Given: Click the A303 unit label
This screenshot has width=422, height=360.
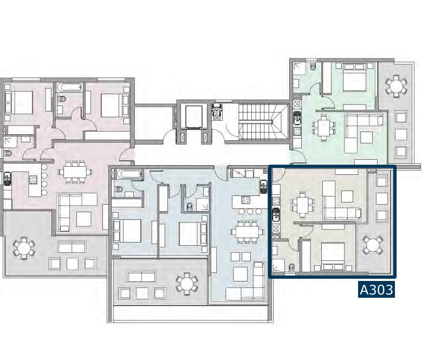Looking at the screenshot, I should [376, 290].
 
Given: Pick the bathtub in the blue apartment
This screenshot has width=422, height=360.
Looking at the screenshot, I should [128, 175].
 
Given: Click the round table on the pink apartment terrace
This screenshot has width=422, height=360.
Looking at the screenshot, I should [24, 248].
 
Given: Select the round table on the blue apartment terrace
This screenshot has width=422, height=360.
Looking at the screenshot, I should [186, 282].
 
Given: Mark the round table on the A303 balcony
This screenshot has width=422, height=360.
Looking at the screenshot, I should [373, 245].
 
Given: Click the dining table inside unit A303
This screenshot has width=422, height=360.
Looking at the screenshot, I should [301, 205].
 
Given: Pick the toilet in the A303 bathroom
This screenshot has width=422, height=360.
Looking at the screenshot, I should [292, 266].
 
